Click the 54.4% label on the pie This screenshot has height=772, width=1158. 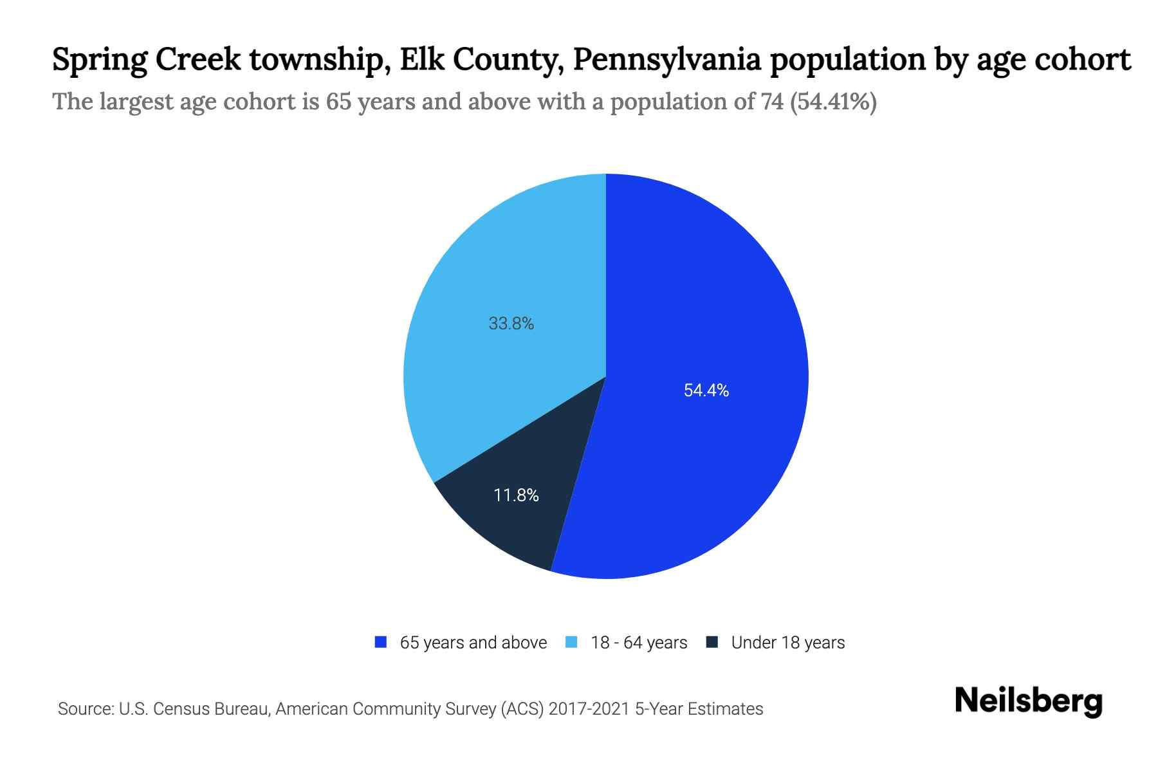click(706, 391)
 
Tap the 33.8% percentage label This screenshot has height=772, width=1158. click(511, 324)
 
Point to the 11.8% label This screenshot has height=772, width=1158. click(516, 495)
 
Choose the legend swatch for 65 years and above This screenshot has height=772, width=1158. click(381, 642)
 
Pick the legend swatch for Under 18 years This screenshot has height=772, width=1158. click(712, 642)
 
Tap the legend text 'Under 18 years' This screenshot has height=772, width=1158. click(787, 643)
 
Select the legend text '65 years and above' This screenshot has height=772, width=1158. click(473, 643)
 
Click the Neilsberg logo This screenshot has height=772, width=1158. click(1028, 701)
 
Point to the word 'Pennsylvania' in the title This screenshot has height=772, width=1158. click(666, 60)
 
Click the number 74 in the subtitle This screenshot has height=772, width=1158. click(771, 102)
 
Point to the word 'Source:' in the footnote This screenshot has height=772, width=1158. click(86, 709)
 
